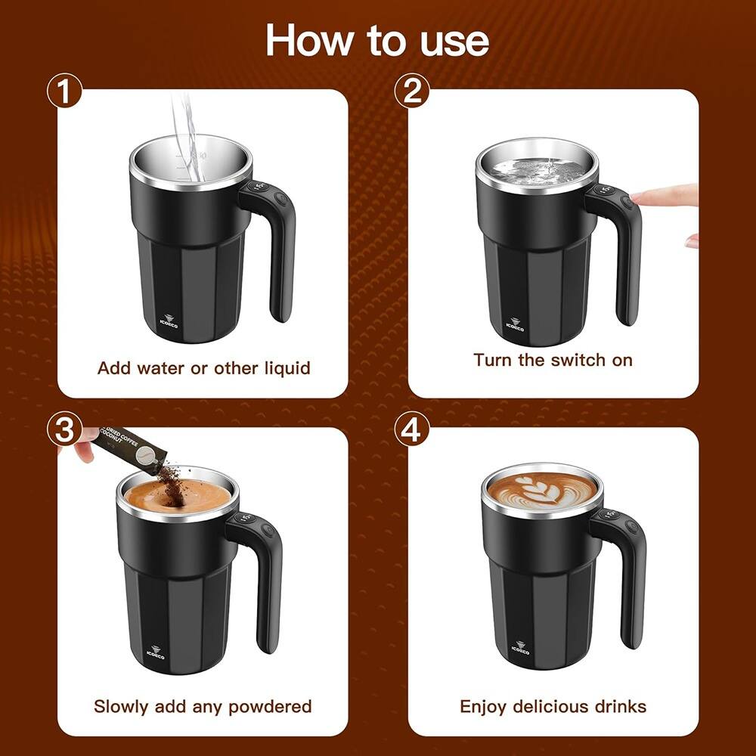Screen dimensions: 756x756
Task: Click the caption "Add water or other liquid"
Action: [x=203, y=368]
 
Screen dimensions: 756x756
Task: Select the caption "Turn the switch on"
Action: [x=553, y=360]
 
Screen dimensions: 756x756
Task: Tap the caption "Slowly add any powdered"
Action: [x=203, y=706]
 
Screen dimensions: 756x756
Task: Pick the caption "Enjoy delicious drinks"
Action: [x=553, y=706]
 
